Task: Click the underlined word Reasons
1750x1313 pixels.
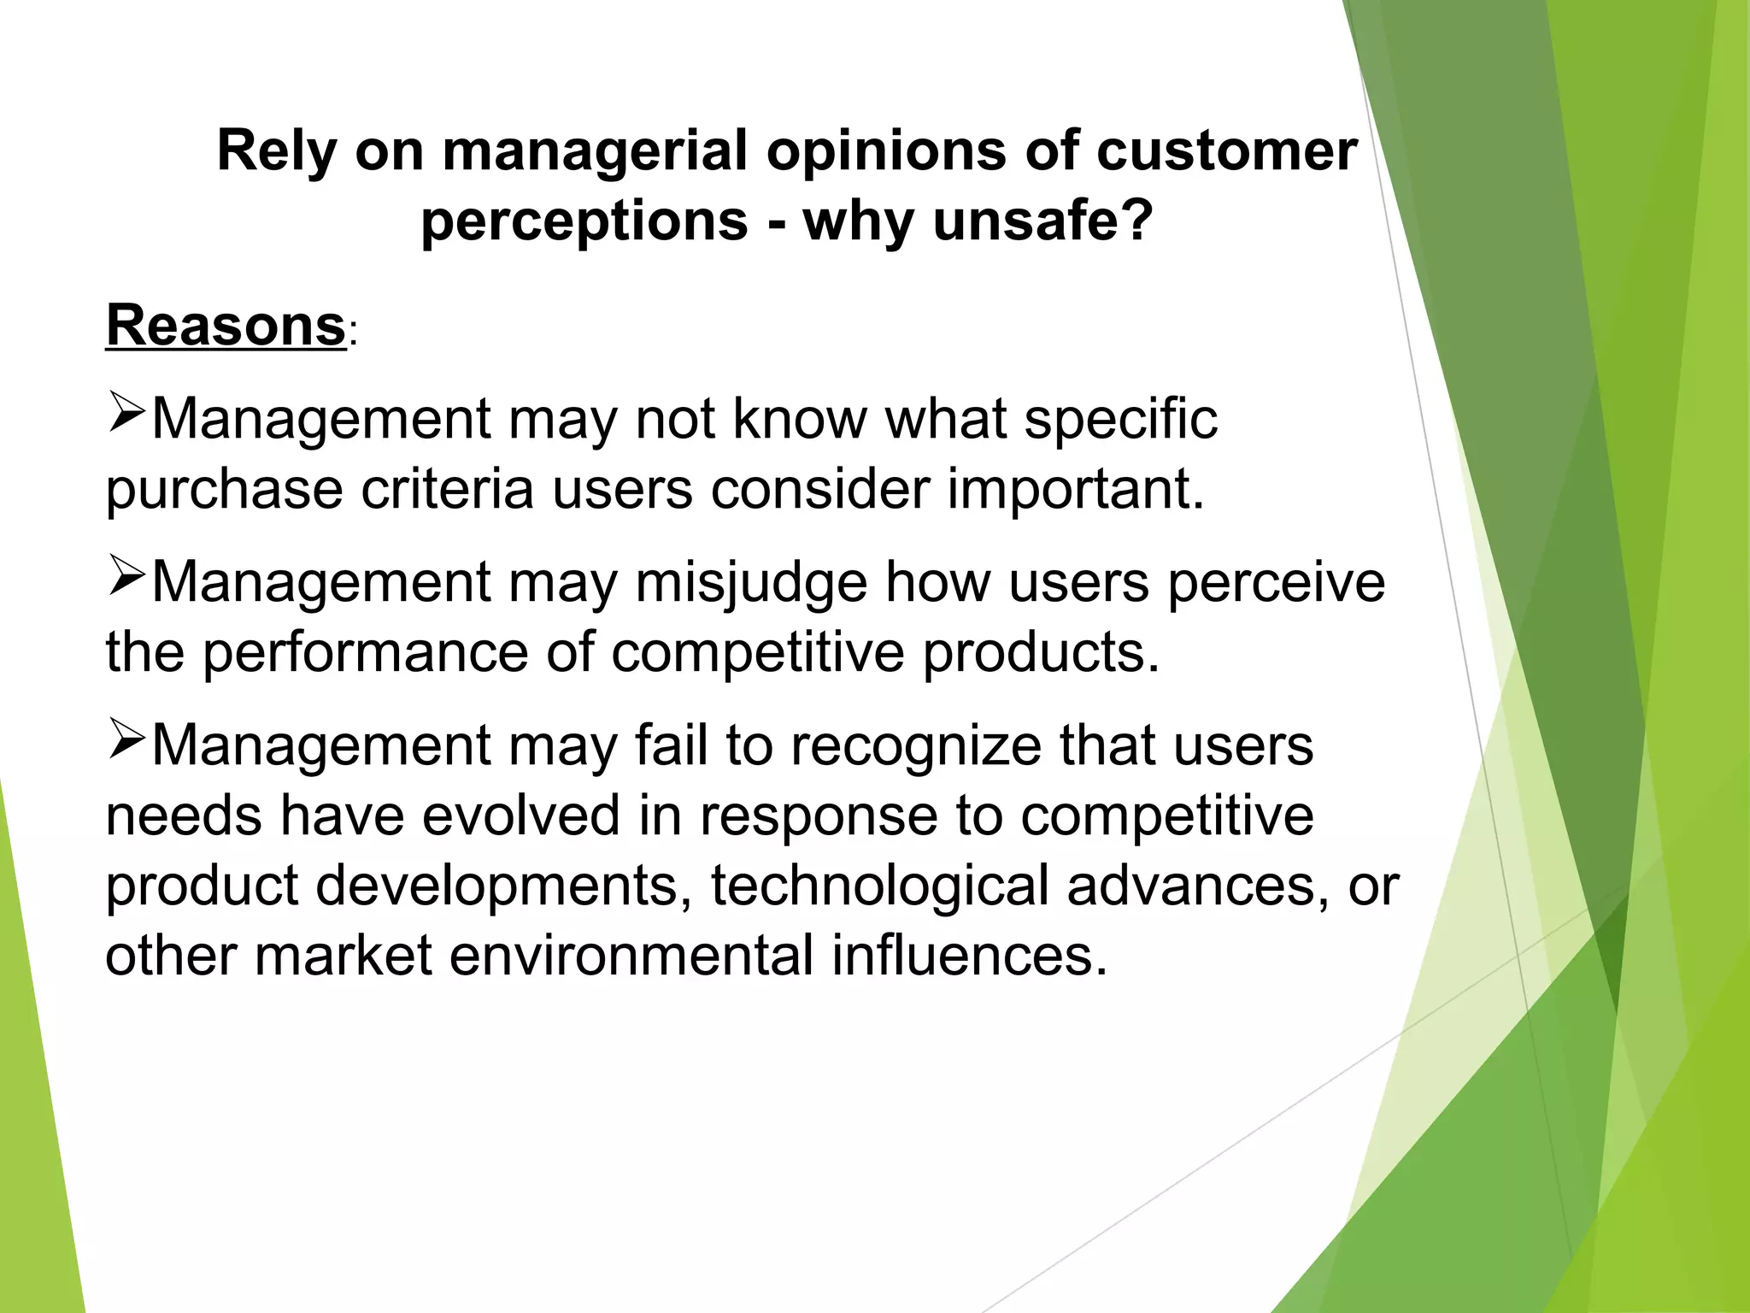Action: [x=226, y=327]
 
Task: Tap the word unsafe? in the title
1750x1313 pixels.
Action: [x=1042, y=221]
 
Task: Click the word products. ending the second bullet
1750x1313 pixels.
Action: [x=1042, y=654]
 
